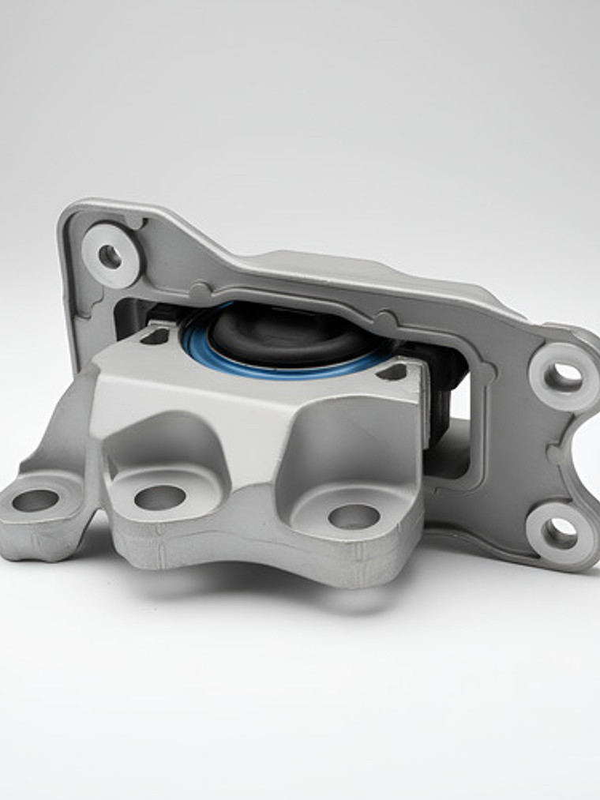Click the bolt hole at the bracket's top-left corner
110,256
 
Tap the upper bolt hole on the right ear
563,377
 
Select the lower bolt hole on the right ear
561,532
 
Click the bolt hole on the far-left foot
36,500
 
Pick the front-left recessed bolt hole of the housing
159,497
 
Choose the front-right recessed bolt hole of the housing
354,516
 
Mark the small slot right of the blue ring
392,371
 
